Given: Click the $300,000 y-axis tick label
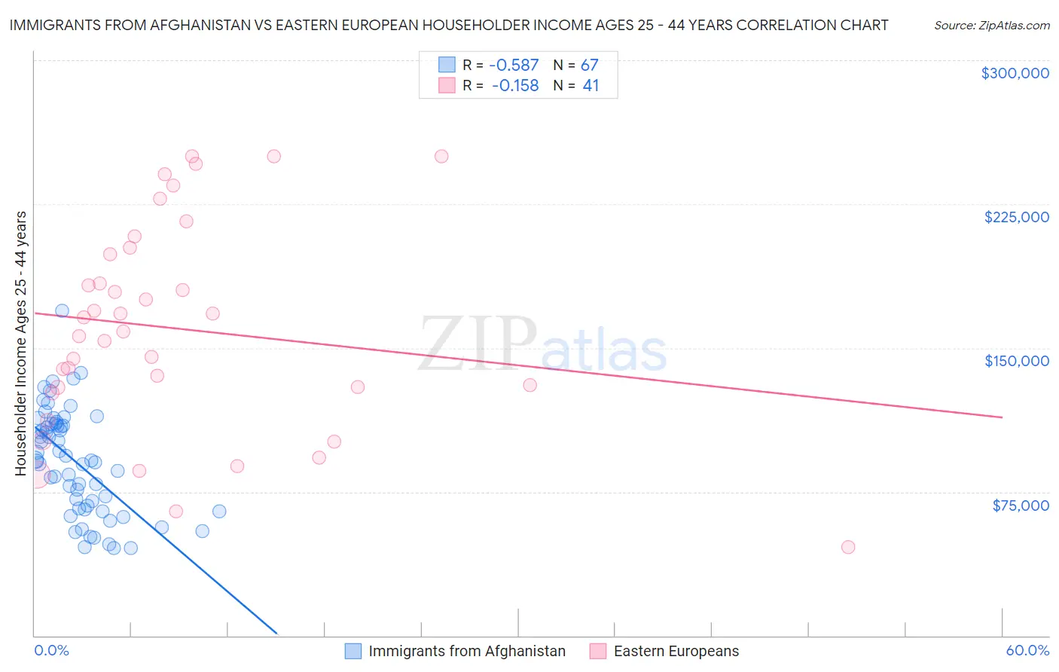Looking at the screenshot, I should coord(1015,73).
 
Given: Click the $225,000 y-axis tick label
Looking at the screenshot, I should coord(1016,217).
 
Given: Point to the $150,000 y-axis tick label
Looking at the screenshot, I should coord(1016,361).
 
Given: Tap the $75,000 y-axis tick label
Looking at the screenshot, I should coord(1021,506).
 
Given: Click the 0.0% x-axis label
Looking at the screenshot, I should coord(51,650).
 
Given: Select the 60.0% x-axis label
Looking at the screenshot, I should coord(1027,650).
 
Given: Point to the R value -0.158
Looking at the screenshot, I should coord(515,86).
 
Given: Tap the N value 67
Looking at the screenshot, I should coord(589,66).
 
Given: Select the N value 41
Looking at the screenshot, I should coord(591,86).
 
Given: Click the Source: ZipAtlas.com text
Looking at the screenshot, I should coord(991,26).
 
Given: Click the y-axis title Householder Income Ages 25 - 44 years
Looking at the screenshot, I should coord(21,343).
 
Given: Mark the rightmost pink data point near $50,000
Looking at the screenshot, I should coord(848,547).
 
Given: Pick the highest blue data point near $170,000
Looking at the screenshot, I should coord(63,311).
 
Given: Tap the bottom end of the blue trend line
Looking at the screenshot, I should coord(277,633).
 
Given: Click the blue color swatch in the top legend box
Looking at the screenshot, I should coord(447,65).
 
